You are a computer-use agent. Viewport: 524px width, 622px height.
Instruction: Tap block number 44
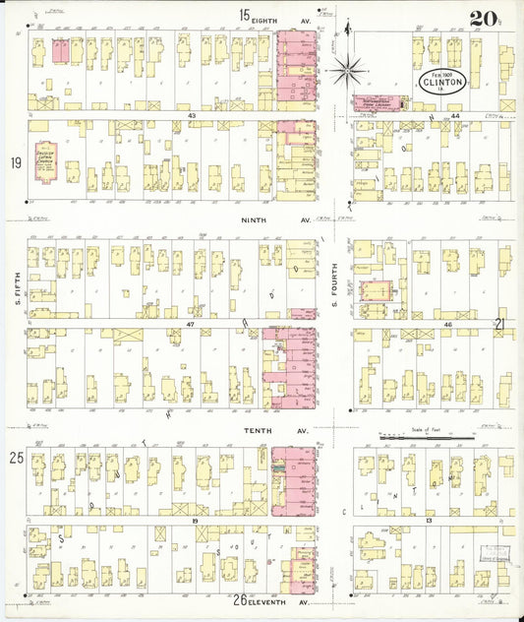(429, 116)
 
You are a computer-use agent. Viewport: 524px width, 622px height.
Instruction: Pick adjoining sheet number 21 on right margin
(499, 323)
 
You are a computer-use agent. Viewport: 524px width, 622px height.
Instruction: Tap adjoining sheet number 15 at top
(244, 14)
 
